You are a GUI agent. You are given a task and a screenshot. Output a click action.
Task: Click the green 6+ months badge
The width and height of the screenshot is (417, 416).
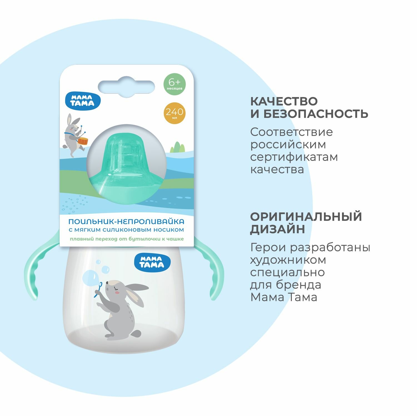(174, 84)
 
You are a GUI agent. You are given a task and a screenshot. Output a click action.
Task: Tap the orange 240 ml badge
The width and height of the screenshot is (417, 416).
(174, 113)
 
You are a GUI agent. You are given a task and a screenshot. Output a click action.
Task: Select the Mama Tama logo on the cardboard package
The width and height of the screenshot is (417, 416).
(83, 101)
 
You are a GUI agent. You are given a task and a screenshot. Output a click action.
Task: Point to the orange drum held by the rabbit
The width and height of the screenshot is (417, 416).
(83, 141)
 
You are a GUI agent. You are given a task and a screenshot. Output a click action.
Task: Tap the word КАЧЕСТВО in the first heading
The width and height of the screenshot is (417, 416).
(284, 102)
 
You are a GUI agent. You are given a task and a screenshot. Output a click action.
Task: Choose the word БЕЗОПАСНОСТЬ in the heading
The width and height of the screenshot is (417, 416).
(316, 114)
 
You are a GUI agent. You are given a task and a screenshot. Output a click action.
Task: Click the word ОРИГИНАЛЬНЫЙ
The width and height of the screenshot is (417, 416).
(306, 217)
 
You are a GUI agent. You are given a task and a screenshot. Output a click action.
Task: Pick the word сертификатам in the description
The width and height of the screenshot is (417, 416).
(294, 157)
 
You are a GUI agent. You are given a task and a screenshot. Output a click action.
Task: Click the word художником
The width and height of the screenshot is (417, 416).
(288, 260)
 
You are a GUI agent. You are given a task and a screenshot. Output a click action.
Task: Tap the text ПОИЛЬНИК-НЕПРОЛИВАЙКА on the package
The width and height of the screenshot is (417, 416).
(126, 222)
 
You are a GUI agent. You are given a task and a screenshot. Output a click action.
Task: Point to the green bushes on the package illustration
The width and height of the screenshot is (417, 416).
(178, 147)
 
